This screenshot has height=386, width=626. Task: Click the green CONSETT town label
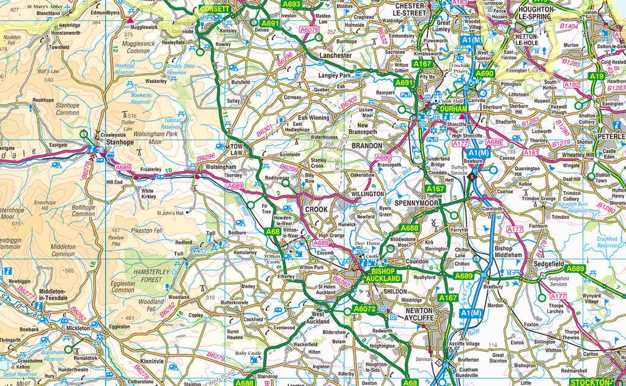[x=215, y=9]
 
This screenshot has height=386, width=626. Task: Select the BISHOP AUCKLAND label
[x=383, y=274]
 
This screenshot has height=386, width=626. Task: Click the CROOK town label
[x=317, y=209]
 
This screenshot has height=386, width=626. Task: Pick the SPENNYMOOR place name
[x=418, y=202]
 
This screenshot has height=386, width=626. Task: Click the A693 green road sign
[x=292, y=4]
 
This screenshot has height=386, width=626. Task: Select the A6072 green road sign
[x=366, y=310]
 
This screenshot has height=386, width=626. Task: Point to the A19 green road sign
[x=597, y=76]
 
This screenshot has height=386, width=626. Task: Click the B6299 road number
[x=289, y=167]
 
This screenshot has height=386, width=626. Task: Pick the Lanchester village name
[x=336, y=55]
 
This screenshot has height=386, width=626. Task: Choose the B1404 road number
[x=570, y=27]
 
